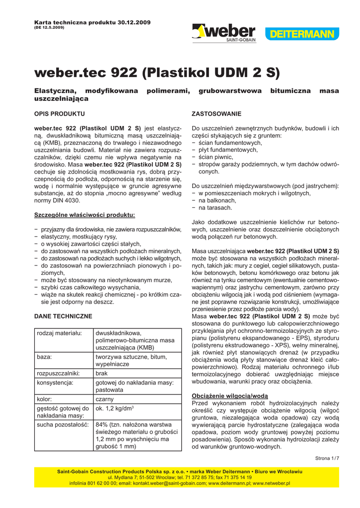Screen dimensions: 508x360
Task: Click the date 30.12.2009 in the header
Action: pyautogui.click(x=134, y=23)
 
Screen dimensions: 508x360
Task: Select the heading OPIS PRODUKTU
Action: pyautogui.click(x=60, y=114)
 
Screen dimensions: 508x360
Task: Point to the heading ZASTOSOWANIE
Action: pyautogui.click(x=216, y=114)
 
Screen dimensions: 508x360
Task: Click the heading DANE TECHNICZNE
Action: pyautogui.click(x=63, y=316)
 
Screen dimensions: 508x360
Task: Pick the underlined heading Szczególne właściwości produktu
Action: pyautogui.click(x=84, y=215)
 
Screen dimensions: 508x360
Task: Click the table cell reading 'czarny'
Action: pyautogui.click(x=105, y=399)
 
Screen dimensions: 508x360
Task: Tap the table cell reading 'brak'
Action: pyautogui.click(x=102, y=373)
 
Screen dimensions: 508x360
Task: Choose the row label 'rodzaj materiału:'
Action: pyautogui.click(x=59, y=333)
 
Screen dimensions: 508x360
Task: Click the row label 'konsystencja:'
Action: pyautogui.click(x=55, y=382)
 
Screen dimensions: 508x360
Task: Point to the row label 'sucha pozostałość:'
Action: pyautogui.click(x=63, y=425)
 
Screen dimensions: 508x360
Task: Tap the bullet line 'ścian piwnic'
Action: pyautogui.click(x=219, y=157)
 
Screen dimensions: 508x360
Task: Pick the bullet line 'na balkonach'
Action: pyautogui.click(x=217, y=200)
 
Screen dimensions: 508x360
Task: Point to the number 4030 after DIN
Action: pyautogui.click(x=72, y=200)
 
